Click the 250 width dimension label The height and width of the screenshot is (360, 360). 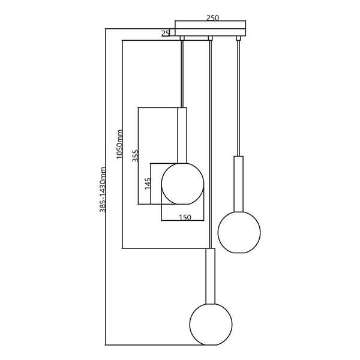[212, 17]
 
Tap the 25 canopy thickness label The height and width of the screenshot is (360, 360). [166, 33]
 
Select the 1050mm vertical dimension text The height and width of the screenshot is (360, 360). [119, 144]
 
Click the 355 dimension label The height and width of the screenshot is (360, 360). [136, 156]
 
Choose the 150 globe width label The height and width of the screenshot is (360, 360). [185, 218]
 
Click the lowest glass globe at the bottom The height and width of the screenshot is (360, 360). [211, 324]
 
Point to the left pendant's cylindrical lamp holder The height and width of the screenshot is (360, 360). [182, 135]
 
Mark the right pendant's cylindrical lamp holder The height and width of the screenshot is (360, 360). [239, 183]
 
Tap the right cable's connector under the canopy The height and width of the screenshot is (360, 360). [239, 39]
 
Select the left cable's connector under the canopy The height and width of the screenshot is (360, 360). [182, 39]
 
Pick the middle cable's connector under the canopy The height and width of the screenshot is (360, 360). [210, 39]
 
